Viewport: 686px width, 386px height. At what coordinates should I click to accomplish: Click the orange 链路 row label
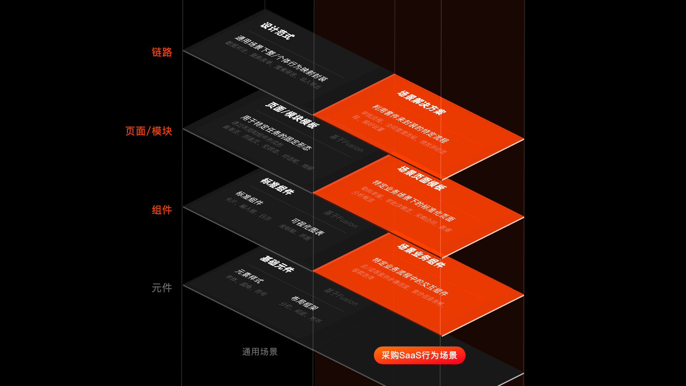click(162, 52)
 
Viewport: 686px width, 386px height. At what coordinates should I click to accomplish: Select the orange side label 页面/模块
click(149, 131)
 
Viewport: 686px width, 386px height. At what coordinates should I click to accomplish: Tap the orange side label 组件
click(162, 210)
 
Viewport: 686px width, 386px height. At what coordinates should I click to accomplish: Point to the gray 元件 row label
click(162, 288)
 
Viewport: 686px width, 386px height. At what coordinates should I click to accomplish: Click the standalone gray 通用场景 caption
click(260, 352)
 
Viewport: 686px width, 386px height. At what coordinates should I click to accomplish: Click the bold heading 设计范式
click(278, 31)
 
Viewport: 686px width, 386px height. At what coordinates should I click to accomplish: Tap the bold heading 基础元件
click(277, 264)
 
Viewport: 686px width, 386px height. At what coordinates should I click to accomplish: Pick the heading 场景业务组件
click(422, 256)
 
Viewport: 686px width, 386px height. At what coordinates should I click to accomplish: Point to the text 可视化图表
click(308, 227)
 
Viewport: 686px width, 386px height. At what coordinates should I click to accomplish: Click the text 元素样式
click(249, 276)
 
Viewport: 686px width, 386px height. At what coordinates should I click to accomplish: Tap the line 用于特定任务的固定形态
click(276, 133)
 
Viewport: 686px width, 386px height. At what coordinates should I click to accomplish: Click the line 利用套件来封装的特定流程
click(411, 124)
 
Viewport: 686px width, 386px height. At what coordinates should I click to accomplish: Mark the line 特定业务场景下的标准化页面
click(413, 201)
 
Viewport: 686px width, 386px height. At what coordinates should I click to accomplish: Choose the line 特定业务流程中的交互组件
click(410, 277)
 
